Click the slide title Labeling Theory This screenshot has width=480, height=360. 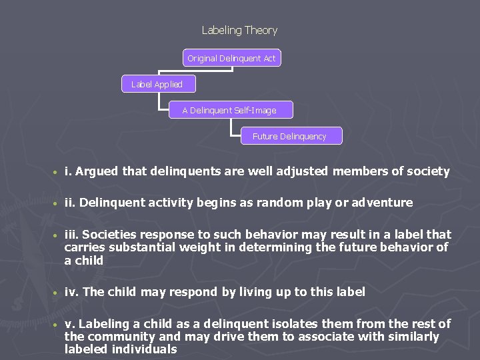click(239, 30)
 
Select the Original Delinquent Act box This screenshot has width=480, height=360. click(231, 58)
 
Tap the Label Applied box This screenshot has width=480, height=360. click(157, 84)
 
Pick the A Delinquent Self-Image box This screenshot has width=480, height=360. click(229, 110)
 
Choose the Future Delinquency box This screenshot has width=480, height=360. click(289, 136)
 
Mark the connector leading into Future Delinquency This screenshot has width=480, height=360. click(241, 131)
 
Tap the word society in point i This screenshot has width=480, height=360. click(427, 171)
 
